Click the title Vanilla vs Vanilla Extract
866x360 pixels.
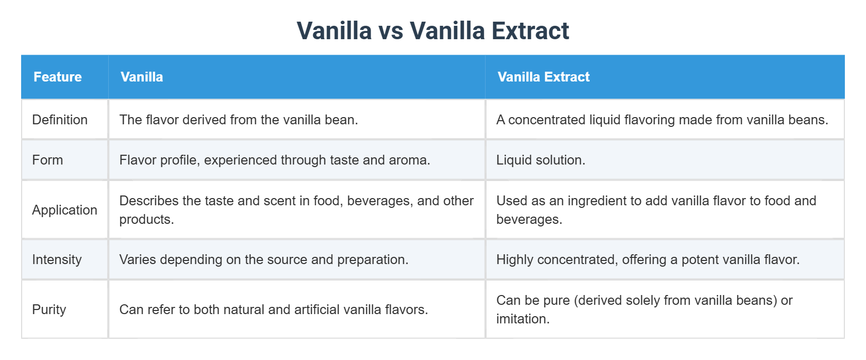432,31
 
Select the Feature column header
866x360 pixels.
58,77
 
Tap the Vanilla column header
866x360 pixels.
142,77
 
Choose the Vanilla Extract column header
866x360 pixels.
543,77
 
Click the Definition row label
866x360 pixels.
60,120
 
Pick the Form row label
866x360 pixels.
47,160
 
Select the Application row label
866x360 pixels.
64,210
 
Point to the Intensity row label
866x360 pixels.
57,259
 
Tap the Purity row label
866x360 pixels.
49,309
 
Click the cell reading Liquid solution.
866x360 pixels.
541,160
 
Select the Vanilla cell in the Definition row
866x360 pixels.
239,120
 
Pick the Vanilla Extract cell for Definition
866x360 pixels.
662,120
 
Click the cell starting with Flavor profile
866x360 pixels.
275,160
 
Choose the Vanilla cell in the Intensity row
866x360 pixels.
264,259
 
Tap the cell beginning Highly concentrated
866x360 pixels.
648,259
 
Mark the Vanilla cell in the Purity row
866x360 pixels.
274,309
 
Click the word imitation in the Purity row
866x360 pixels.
522,319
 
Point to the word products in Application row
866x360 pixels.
146,219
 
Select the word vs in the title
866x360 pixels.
391,31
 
